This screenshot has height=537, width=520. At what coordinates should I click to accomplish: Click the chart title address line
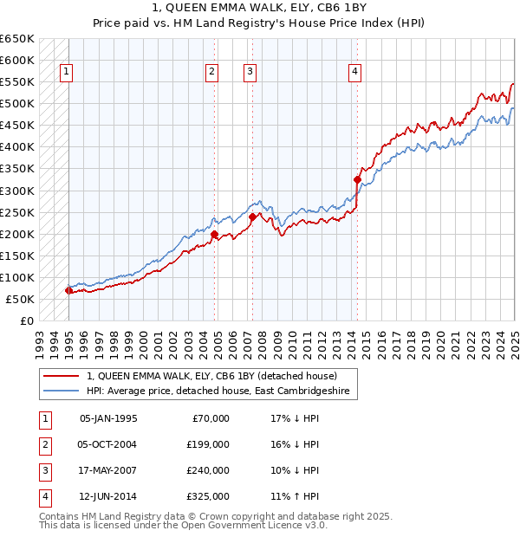click(x=260, y=8)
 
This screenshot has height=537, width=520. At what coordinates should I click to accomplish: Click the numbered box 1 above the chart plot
click(x=67, y=73)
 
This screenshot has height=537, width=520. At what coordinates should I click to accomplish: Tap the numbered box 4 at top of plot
click(x=355, y=73)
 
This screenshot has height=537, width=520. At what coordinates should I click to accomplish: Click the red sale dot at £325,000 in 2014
click(x=357, y=179)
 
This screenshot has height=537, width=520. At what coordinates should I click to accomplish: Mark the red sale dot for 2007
click(x=252, y=217)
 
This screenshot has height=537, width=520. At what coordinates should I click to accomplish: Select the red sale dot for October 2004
click(x=214, y=234)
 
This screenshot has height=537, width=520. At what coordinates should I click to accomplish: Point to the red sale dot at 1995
click(x=69, y=290)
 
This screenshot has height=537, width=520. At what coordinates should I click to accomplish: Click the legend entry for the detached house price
click(x=217, y=376)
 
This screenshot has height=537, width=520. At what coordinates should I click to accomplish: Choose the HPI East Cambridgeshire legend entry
click(x=217, y=391)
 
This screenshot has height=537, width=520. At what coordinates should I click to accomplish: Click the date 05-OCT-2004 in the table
click(x=108, y=444)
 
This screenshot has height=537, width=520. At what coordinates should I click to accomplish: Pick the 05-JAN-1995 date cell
click(x=108, y=418)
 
